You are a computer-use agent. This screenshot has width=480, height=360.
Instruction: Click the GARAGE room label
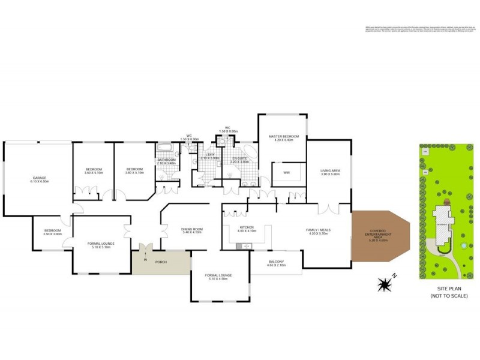coord(40,178)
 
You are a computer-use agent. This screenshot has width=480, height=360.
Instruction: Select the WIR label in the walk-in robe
coord(286,174)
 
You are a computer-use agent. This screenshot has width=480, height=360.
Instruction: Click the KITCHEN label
coord(247,228)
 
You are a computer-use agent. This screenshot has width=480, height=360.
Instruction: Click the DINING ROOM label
coord(193,229)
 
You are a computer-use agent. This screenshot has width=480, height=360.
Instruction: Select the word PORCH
coord(161,262)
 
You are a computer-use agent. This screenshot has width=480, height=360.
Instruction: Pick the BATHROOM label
coord(166,160)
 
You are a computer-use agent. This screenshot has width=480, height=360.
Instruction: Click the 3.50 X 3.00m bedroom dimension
coord(52,235)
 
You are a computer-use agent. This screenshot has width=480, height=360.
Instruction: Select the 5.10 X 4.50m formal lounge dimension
coord(220,279)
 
